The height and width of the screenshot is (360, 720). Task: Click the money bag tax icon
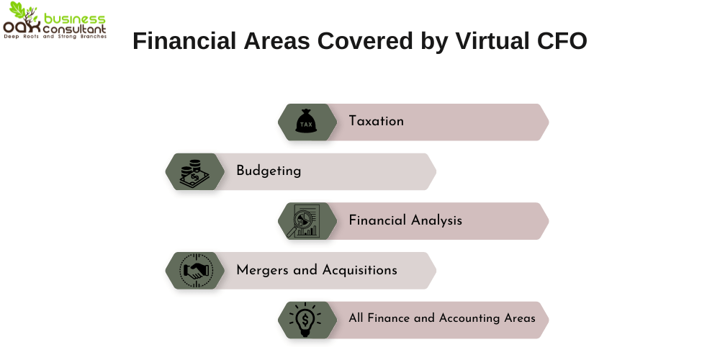[306, 122]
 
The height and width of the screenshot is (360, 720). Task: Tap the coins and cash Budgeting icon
[193, 171]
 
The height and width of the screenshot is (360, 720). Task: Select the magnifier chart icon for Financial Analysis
[306, 221]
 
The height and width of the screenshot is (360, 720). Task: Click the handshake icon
[194, 271]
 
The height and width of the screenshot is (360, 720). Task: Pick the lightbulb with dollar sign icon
[306, 319]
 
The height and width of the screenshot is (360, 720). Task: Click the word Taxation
[376, 121]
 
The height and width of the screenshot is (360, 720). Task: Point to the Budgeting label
[269, 171]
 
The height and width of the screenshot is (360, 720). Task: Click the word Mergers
[262, 270]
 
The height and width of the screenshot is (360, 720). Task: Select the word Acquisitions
[359, 270]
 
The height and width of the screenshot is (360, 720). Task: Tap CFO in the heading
[562, 41]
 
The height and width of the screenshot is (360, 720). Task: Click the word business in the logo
[74, 18]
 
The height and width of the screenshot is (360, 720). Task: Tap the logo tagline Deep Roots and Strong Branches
[55, 36]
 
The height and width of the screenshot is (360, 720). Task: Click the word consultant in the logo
[75, 28]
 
